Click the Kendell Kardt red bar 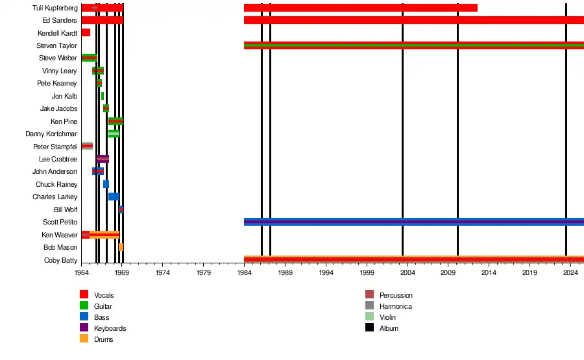point(86,32)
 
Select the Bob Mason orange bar point(121,247)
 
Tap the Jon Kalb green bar point(103,96)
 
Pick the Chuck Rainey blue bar point(106,184)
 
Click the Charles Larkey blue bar point(114,197)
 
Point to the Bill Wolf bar point(121,210)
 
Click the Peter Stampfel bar point(87,146)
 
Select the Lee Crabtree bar point(103,159)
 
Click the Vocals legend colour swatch point(84,295)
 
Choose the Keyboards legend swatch point(84,328)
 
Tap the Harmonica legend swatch point(370,306)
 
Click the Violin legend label point(387,317)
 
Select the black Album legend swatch point(370,328)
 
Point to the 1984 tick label point(245,272)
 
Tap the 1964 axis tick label point(82,272)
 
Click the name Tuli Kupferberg point(55,8)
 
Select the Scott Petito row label point(60,222)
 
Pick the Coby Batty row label point(62,260)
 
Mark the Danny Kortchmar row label point(51,134)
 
